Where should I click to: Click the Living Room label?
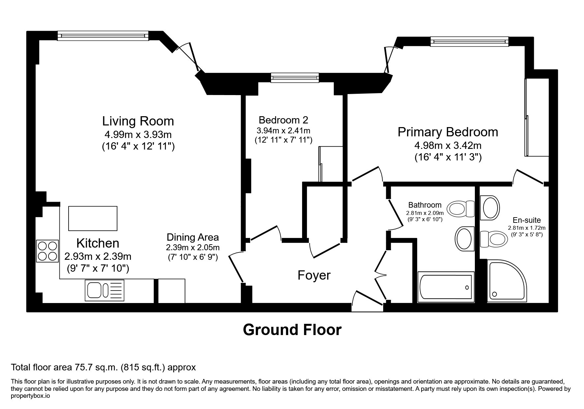138,121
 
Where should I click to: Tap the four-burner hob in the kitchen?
47,251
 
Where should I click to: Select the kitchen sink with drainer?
105,290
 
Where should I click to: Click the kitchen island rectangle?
93,218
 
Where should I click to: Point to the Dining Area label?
193,237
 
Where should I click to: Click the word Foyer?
314,275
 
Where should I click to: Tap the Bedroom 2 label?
284,119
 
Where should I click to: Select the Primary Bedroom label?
448,132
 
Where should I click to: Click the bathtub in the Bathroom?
446,287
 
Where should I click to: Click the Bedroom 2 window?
295,78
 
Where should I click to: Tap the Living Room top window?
103,36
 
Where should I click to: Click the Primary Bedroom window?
469,41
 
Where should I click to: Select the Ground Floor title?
292,329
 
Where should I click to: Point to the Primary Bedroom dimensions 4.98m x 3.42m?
448,145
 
